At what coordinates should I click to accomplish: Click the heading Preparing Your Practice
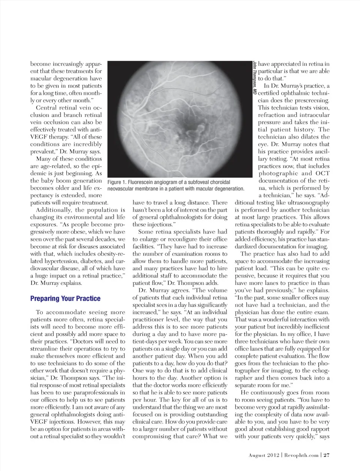click(x=65, y=298)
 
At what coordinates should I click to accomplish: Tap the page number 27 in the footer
click(x=327, y=455)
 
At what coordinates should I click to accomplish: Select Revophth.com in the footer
click(x=301, y=455)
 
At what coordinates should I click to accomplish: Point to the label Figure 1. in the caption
click(x=116, y=182)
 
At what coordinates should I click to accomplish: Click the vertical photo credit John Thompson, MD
click(x=255, y=77)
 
